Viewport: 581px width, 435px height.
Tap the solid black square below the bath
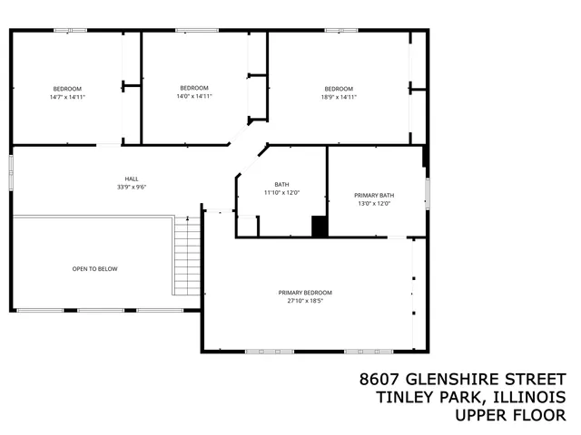[319, 227]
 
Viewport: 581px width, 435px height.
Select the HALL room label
[132, 179]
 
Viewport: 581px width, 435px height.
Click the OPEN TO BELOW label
[94, 269]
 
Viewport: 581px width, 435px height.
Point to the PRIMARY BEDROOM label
[305, 293]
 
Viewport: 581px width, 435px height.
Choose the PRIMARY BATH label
[374, 195]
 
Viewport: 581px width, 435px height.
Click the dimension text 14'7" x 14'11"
[67, 97]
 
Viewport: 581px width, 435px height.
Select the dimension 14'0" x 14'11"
[193, 96]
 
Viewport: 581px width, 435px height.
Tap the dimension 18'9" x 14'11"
[340, 97]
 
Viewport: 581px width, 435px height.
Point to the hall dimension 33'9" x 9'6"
[132, 188]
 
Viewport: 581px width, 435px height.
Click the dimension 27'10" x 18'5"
[305, 301]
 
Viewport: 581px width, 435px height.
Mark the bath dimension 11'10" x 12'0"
[281, 193]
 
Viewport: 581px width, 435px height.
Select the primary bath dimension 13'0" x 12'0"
[374, 204]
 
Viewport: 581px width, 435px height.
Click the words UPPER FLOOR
[511, 415]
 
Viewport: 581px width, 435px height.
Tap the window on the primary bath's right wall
[427, 193]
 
